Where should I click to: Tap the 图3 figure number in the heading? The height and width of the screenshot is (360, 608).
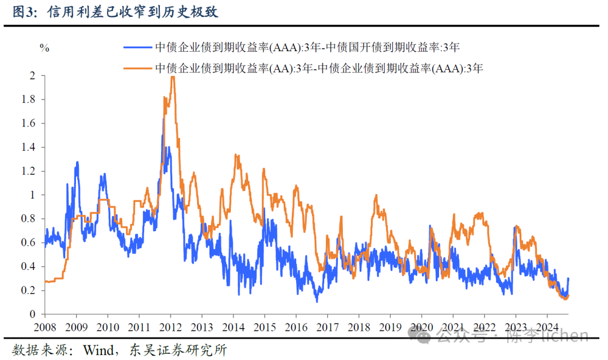point(21,12)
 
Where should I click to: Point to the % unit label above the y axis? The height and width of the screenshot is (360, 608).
point(44,48)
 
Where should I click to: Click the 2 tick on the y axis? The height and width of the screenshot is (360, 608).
point(32,76)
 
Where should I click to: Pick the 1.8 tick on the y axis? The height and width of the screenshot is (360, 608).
point(29,100)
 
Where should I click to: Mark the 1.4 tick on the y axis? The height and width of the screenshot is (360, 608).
point(29,147)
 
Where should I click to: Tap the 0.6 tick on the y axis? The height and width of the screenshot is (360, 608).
point(29,242)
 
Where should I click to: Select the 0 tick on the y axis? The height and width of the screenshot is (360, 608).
point(32,314)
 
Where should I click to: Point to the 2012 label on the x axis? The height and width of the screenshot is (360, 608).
point(171,327)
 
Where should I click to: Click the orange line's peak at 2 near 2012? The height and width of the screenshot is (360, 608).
point(173,76)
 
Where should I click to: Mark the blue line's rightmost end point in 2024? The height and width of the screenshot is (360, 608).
point(569,278)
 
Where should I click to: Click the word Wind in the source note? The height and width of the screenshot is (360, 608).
point(100,350)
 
